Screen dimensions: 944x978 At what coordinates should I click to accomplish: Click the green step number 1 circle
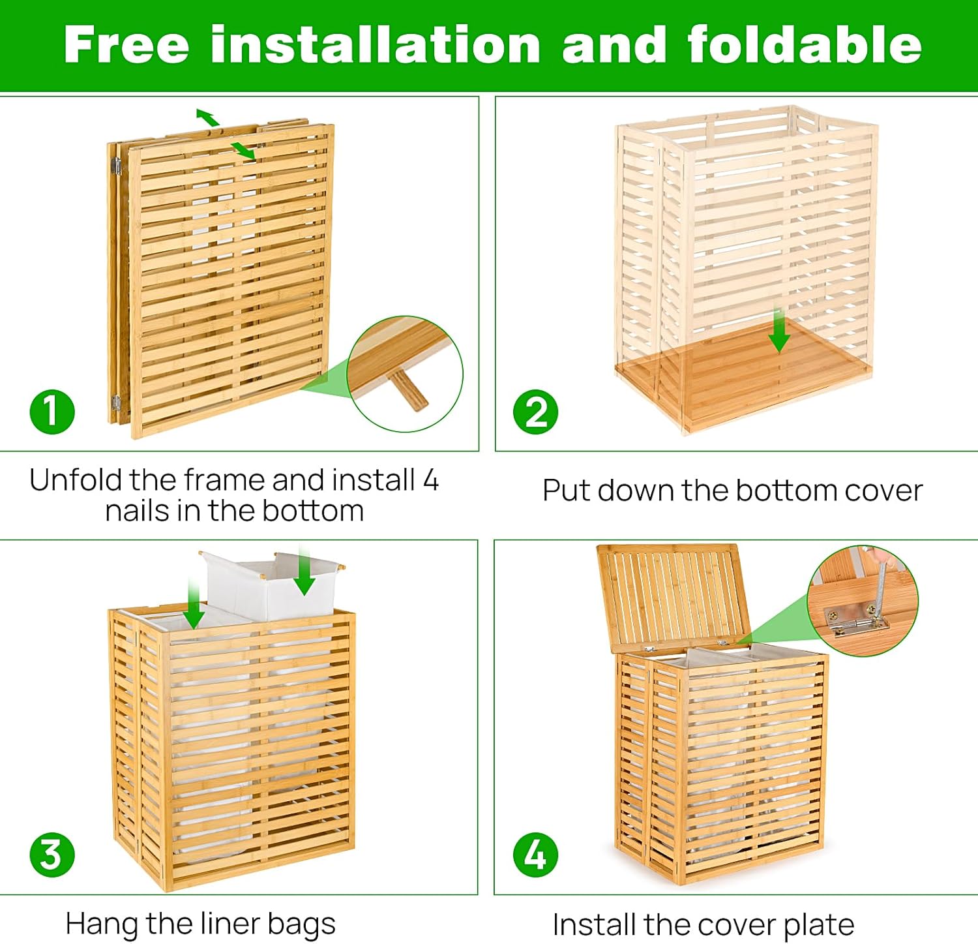click(52, 412)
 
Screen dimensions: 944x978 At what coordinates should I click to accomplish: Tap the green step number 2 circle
click(535, 412)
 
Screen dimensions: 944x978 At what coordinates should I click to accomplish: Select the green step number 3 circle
click(52, 855)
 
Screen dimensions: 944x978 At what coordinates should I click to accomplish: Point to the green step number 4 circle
click(535, 855)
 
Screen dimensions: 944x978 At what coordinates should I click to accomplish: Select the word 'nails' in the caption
click(138, 511)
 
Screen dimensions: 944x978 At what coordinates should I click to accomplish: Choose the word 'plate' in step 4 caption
click(818, 924)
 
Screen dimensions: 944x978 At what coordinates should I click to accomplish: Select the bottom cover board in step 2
click(743, 378)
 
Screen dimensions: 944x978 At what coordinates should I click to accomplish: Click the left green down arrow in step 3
click(194, 603)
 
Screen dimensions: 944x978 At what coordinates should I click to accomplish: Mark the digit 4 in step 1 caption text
click(430, 480)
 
